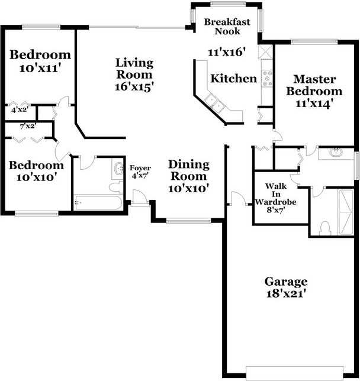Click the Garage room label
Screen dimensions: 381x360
coord(286,281)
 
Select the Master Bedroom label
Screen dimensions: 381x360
coord(314,85)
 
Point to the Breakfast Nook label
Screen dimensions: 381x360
coord(227,27)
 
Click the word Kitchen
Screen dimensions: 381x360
coord(234,79)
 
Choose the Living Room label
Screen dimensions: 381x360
coord(134,69)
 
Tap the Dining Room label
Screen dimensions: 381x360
coord(188,170)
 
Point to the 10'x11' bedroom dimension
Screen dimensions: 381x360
coord(41,68)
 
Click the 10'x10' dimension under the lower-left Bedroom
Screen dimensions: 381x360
coord(37,177)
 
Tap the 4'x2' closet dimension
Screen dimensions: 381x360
coord(20,109)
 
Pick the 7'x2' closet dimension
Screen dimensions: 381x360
coord(28,125)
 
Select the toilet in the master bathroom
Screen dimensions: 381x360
coord(324,228)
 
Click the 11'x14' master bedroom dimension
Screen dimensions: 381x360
coord(314,103)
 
